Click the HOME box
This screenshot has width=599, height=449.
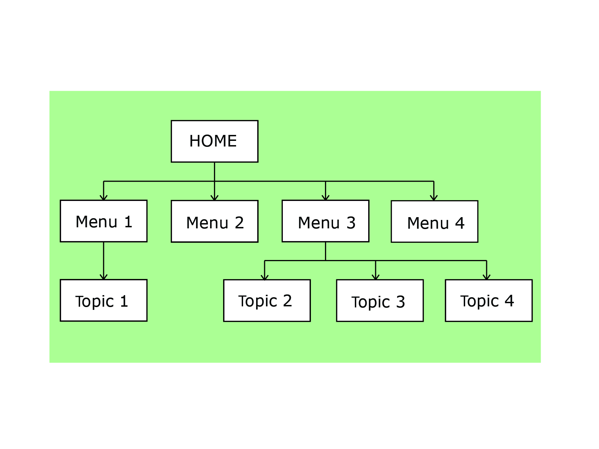coord(214,141)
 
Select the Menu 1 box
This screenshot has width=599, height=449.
coord(103,221)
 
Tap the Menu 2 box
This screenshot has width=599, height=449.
coord(214,221)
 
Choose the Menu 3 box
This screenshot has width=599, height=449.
coord(325,221)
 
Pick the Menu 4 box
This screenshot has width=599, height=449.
coord(434,221)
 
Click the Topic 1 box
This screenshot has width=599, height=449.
coord(103,300)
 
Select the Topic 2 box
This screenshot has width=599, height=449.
coord(267,300)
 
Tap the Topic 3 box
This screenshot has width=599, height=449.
coord(380,300)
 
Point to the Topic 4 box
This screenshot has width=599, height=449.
coord(489,300)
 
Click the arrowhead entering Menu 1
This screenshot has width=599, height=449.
coord(103,198)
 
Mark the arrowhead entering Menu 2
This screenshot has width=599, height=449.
coord(214,198)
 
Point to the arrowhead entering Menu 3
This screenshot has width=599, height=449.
coord(325,198)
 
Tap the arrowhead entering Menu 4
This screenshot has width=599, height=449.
coord(434,198)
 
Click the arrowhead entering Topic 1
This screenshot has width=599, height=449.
coord(103,277)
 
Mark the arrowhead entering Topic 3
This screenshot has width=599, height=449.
coord(376,277)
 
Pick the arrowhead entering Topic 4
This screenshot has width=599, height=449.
coord(487,277)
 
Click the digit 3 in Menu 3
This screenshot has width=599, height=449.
coord(351,223)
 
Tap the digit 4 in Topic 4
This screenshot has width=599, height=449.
coord(509,301)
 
